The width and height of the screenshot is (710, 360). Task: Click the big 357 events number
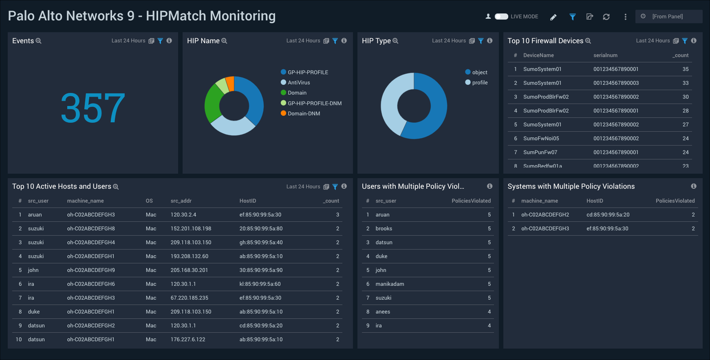[x=93, y=108]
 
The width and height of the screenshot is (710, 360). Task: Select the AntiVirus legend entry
[x=298, y=83]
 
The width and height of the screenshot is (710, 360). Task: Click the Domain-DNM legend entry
[x=304, y=114]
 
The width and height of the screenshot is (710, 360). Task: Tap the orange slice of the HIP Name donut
[x=230, y=83]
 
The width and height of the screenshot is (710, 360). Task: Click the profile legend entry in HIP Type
[x=479, y=83]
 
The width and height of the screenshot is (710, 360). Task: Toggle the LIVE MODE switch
[x=501, y=17]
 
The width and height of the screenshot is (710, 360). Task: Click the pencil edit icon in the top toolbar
[x=553, y=17]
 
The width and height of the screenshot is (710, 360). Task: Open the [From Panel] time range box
[x=668, y=17]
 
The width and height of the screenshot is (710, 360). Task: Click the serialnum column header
[x=605, y=55]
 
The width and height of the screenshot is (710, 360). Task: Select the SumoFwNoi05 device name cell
[x=541, y=139]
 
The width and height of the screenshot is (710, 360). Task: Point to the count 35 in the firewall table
[x=686, y=69]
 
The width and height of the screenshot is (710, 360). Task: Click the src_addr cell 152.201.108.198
[x=191, y=229]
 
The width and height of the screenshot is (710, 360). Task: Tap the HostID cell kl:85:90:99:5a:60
[x=260, y=284]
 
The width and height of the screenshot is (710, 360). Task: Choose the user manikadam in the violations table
[x=390, y=284]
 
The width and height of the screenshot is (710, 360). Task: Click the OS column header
[x=149, y=201]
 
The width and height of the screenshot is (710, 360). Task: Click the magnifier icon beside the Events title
[x=39, y=41]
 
